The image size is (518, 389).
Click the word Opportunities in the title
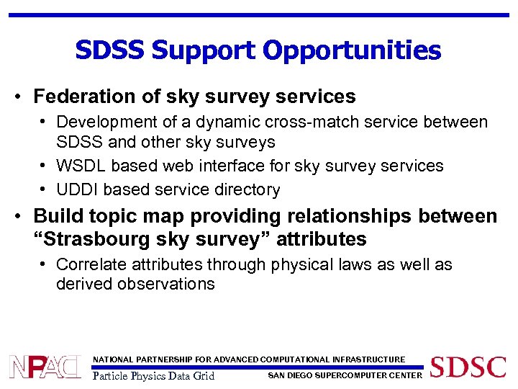click(x=352, y=50)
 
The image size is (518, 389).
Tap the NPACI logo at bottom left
click(x=45, y=367)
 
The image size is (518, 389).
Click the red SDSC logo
click(x=468, y=367)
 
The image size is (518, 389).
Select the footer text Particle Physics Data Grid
click(x=154, y=375)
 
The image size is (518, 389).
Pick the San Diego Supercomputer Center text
click(x=345, y=375)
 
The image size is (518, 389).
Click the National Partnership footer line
click(x=249, y=359)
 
